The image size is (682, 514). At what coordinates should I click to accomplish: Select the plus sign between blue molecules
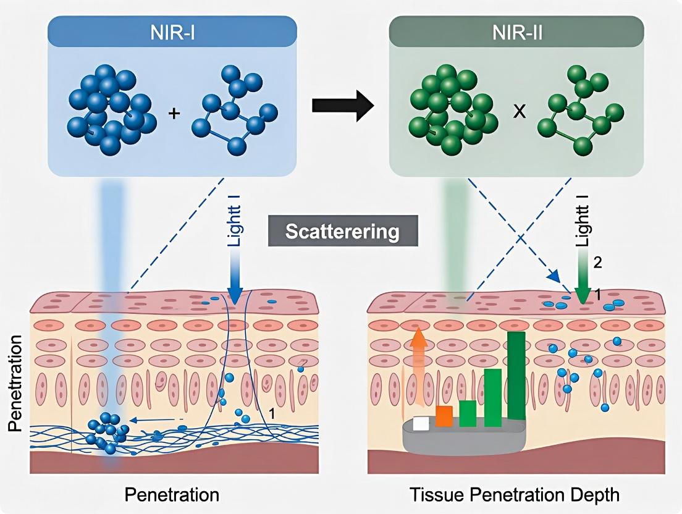(x=174, y=114)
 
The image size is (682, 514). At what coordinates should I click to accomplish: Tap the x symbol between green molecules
(x=520, y=114)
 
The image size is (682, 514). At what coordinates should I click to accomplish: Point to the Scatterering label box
(x=343, y=232)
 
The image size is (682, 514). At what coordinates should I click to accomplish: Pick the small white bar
(x=421, y=423)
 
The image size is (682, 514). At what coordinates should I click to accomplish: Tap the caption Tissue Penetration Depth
(x=514, y=495)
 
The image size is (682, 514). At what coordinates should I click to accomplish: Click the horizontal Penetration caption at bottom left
(x=172, y=495)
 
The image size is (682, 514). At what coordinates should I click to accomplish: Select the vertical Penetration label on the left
(x=17, y=383)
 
